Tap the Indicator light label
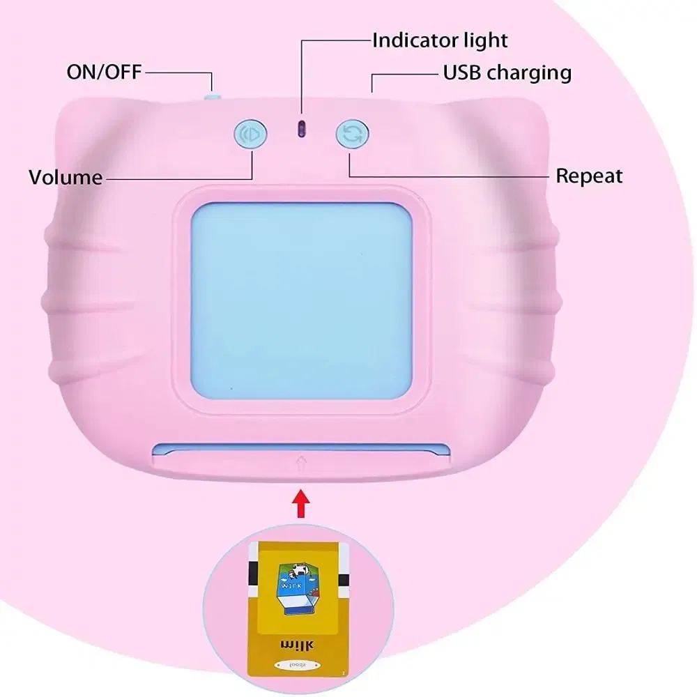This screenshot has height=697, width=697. pos(440,40)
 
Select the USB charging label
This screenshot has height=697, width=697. pos(507,72)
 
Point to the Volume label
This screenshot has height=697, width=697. pos(65,177)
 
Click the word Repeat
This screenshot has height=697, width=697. pos(589,176)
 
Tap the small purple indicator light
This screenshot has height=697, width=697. pos(302,128)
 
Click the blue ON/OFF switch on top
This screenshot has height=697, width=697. pos(211,95)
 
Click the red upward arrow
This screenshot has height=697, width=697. pos(300,504)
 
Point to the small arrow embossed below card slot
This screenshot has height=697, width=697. pos(301,461)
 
